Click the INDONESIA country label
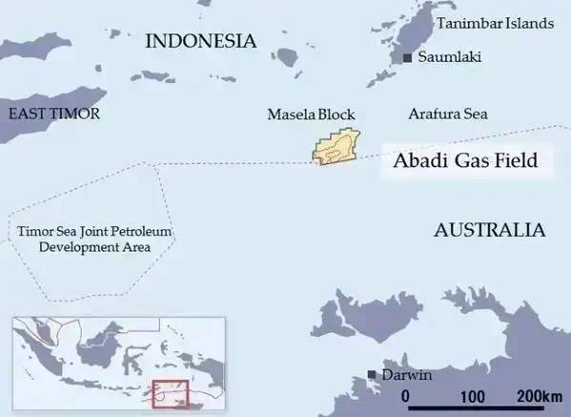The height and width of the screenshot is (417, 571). click(200, 41)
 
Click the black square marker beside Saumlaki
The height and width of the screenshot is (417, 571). click(408, 59)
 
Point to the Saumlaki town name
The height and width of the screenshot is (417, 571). click(449, 58)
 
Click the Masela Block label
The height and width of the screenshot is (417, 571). click(311, 115)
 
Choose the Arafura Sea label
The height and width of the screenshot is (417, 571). click(447, 115)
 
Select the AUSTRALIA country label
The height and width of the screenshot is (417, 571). click(489, 231)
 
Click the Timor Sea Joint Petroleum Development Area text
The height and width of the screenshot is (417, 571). click(85, 240)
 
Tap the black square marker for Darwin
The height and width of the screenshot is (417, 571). click(372, 375)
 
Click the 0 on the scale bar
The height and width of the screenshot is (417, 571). click(406, 396)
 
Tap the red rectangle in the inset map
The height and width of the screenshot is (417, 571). click(172, 394)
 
